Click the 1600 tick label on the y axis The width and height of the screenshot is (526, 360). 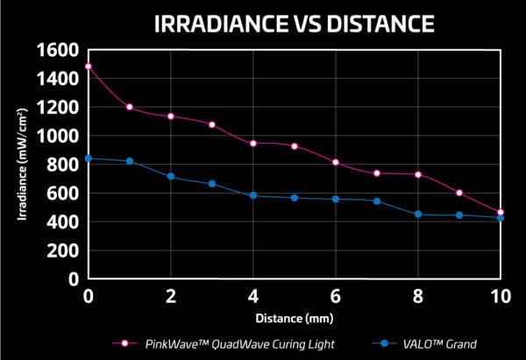point(58,50)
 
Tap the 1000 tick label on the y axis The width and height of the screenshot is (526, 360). point(58,136)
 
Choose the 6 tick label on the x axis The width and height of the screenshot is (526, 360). point(336,297)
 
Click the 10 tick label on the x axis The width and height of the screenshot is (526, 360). point(500,297)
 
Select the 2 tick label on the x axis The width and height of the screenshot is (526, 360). point(170,297)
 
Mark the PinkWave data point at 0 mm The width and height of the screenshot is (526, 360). point(88,67)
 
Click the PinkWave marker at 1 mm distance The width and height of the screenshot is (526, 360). point(129,107)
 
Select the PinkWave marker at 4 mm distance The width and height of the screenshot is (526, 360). point(253,143)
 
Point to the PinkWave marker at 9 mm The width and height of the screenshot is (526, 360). point(459,193)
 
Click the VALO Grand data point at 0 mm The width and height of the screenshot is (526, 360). point(88,159)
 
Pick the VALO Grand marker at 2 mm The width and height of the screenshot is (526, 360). point(171,177)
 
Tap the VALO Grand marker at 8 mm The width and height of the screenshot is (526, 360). point(418,214)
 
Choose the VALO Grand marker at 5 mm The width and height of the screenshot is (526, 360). point(295,198)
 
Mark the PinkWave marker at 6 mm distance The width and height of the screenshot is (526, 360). point(336,162)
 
